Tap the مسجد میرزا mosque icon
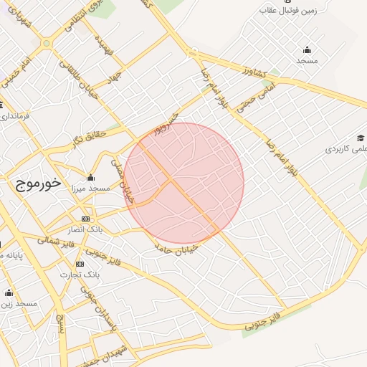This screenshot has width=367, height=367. [x=90, y=178]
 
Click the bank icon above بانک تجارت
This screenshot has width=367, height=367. [x=79, y=264]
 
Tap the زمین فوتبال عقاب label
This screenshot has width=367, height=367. [x=290, y=11]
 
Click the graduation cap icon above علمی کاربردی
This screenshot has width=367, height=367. [x=360, y=138]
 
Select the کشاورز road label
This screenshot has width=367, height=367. [x=254, y=73]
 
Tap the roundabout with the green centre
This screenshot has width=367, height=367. [x=47, y=43]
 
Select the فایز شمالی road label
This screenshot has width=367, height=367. [x=49, y=238]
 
